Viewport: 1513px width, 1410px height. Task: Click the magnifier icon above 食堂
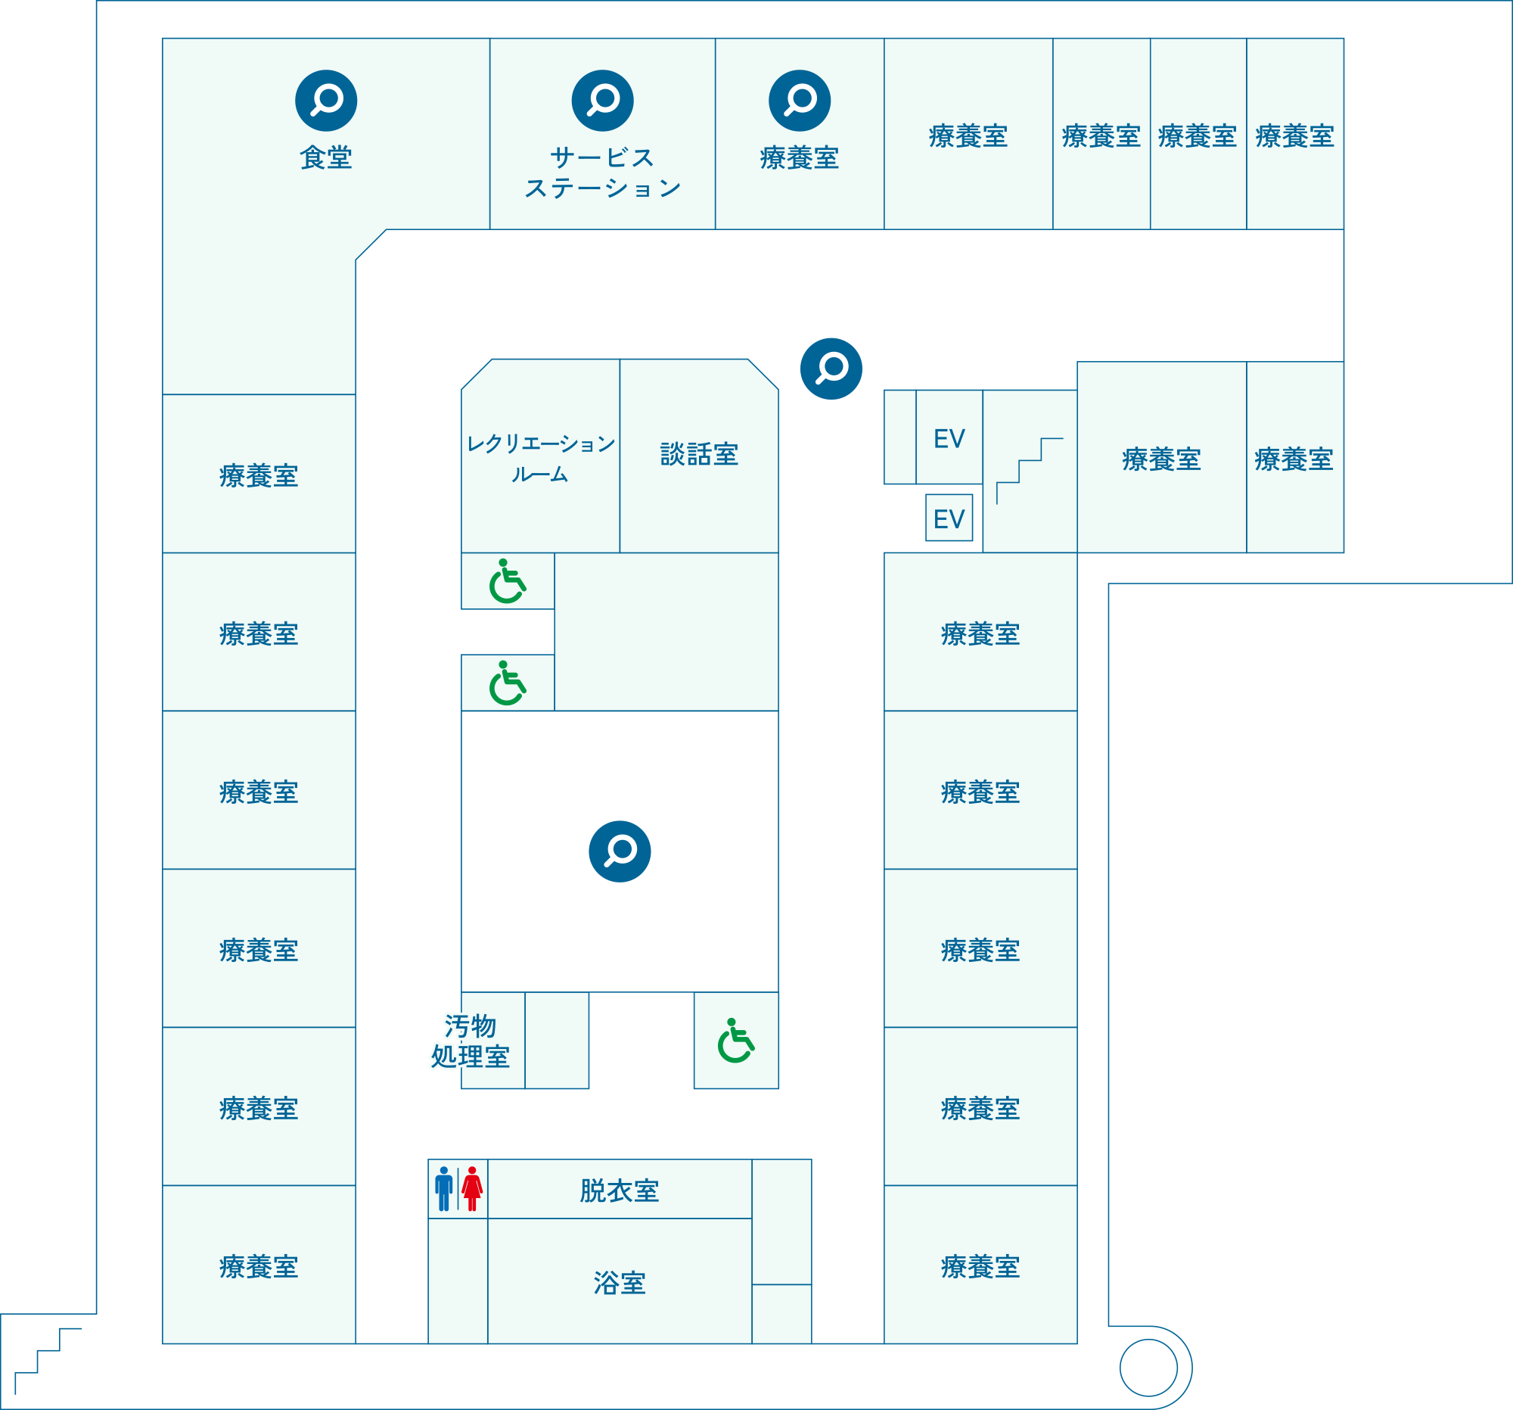pyautogui.click(x=326, y=101)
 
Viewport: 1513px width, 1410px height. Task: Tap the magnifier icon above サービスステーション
pyautogui.click(x=602, y=101)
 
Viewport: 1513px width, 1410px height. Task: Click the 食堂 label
pyautogui.click(x=326, y=157)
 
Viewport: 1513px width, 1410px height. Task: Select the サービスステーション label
pyautogui.click(x=602, y=173)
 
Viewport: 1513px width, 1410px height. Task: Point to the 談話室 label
pyautogui.click(x=699, y=455)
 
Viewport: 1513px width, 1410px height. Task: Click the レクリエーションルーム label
pyautogui.click(x=539, y=459)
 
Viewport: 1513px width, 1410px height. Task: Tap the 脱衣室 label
pyautogui.click(x=619, y=1191)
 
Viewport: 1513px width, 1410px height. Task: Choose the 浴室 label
pyautogui.click(x=619, y=1283)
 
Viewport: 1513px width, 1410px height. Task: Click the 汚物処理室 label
pyautogui.click(x=470, y=1041)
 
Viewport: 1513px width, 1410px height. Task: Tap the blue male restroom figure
pyautogui.click(x=444, y=1188)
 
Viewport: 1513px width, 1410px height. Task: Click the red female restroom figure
pyautogui.click(x=472, y=1188)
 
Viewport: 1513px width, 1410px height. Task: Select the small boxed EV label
pyautogui.click(x=949, y=518)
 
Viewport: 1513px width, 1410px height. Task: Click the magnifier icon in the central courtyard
pyautogui.click(x=620, y=851)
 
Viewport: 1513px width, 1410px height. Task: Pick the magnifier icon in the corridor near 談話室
pyautogui.click(x=831, y=369)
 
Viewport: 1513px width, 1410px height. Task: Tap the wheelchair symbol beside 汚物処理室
pyautogui.click(x=735, y=1040)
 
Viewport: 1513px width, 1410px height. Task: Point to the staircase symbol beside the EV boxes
pyautogui.click(x=1029, y=470)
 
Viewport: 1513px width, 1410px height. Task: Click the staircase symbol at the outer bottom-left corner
pyautogui.click(x=47, y=1361)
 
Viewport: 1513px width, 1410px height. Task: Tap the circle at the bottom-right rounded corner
pyautogui.click(x=1148, y=1368)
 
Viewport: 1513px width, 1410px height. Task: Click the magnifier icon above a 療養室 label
pyautogui.click(x=799, y=101)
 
